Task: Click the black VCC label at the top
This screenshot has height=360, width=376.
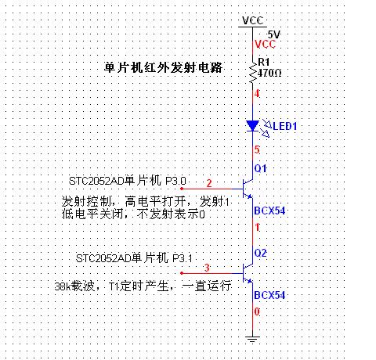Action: pyautogui.click(x=252, y=20)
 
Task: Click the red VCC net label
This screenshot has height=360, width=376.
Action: pyautogui.click(x=265, y=44)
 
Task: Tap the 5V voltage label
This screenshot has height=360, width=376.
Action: pyautogui.click(x=274, y=34)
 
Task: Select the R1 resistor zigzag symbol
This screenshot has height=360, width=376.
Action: pyautogui.click(x=252, y=73)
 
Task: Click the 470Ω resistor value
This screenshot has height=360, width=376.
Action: pyautogui.click(x=269, y=73)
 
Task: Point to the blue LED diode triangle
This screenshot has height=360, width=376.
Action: pyautogui.click(x=252, y=126)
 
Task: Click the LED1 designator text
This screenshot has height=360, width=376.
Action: pyautogui.click(x=285, y=126)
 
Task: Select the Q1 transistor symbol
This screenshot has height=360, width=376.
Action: pyautogui.click(x=247, y=189)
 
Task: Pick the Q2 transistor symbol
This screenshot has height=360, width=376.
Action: pyautogui.click(x=247, y=273)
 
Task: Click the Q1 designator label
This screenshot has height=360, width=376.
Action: pyautogui.click(x=260, y=168)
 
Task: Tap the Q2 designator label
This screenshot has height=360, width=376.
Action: pyautogui.click(x=260, y=253)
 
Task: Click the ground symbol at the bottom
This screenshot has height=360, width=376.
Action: pyautogui.click(x=252, y=339)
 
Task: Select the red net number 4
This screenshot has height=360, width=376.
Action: pyautogui.click(x=257, y=93)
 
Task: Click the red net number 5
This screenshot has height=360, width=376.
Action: pyautogui.click(x=257, y=149)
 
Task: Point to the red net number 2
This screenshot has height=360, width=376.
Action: pyautogui.click(x=209, y=183)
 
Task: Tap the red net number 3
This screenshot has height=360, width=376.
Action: pyautogui.click(x=207, y=268)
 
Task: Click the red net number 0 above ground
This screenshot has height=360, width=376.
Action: pyautogui.click(x=257, y=311)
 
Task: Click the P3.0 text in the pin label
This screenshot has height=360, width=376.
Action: pyautogui.click(x=175, y=181)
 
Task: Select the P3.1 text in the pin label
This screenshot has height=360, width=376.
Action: pyautogui.click(x=183, y=258)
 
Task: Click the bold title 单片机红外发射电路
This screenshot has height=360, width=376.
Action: pyautogui.click(x=163, y=67)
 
